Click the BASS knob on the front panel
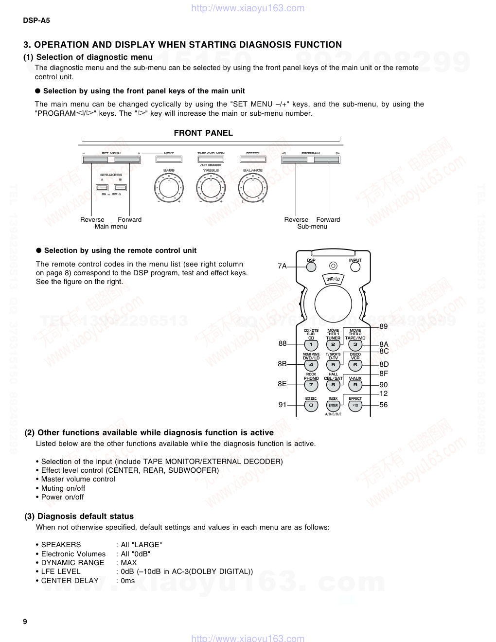[x=169, y=187]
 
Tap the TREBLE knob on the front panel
[x=211, y=187]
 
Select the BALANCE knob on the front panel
[x=252, y=187]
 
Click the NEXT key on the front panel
[x=169, y=159]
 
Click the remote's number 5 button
[x=333, y=365]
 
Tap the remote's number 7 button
[x=311, y=385]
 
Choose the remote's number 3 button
[x=355, y=345]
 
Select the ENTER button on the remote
[x=333, y=405]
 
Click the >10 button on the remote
[x=355, y=405]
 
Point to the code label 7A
[x=282, y=266]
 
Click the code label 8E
[x=282, y=384]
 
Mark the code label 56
[x=384, y=405]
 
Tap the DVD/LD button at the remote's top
[x=333, y=279]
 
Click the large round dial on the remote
[x=333, y=304]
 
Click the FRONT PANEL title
[x=203, y=133]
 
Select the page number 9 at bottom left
[x=25, y=621]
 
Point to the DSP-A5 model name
[x=36, y=20]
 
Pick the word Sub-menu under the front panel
[x=312, y=226]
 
